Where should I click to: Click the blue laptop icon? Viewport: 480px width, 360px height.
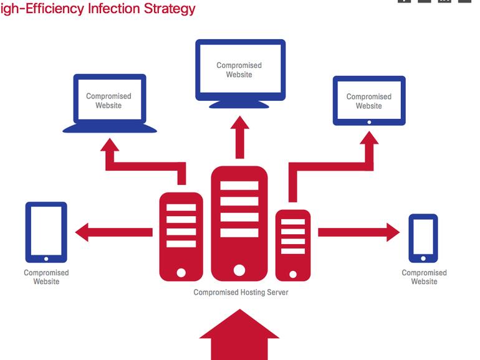tap(109, 103)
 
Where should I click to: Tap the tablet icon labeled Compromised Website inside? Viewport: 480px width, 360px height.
tap(369, 101)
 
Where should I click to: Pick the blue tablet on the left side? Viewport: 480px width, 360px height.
tap(46, 232)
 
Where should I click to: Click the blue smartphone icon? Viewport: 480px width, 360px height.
tap(423, 238)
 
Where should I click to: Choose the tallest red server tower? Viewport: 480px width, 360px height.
tap(239, 223)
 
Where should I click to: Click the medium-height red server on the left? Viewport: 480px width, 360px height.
tap(181, 235)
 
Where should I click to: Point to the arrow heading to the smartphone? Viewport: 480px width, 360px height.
tap(358, 232)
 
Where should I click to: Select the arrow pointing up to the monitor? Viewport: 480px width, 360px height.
tap(239, 137)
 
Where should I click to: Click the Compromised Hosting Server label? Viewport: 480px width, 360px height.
tap(241, 292)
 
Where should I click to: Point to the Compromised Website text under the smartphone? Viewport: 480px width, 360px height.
tap(424, 277)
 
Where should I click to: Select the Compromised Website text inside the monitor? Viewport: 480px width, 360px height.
tap(239, 70)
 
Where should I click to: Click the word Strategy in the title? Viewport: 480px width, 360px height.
tap(168, 9)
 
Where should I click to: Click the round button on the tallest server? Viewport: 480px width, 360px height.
tap(239, 270)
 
